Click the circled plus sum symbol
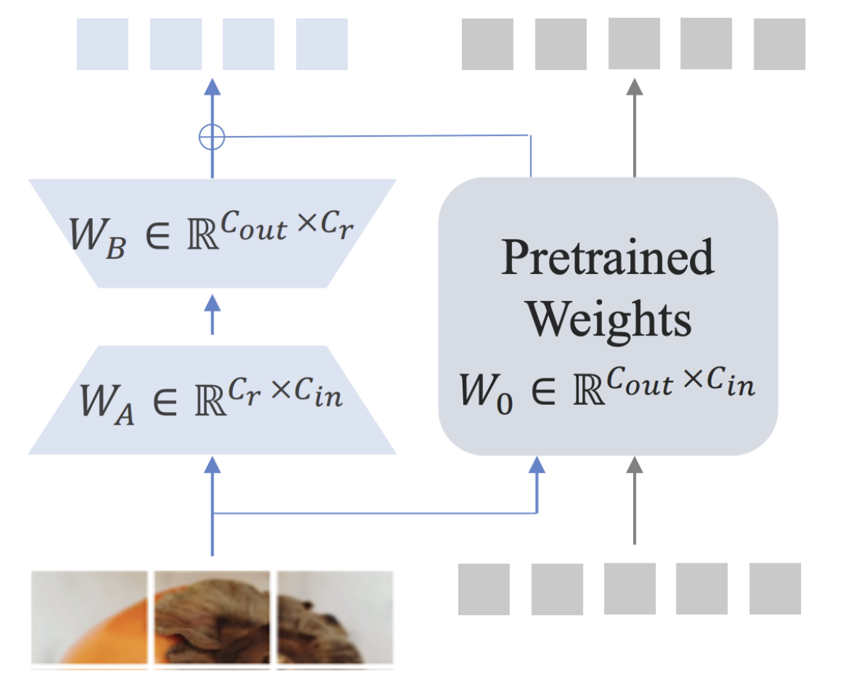coord(212,137)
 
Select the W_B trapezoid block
coord(212,233)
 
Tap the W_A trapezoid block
coord(212,399)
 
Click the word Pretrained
coord(608,258)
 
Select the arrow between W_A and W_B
coord(212,316)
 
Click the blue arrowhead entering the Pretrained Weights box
coord(538,465)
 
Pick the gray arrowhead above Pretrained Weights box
coord(634,86)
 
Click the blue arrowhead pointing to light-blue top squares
coord(212,87)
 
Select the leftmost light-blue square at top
coord(102,44)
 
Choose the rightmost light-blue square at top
coord(322,44)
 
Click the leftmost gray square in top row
coord(487,44)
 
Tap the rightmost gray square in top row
coord(779,44)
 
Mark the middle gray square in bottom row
coord(630,589)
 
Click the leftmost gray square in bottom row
coord(484,589)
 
